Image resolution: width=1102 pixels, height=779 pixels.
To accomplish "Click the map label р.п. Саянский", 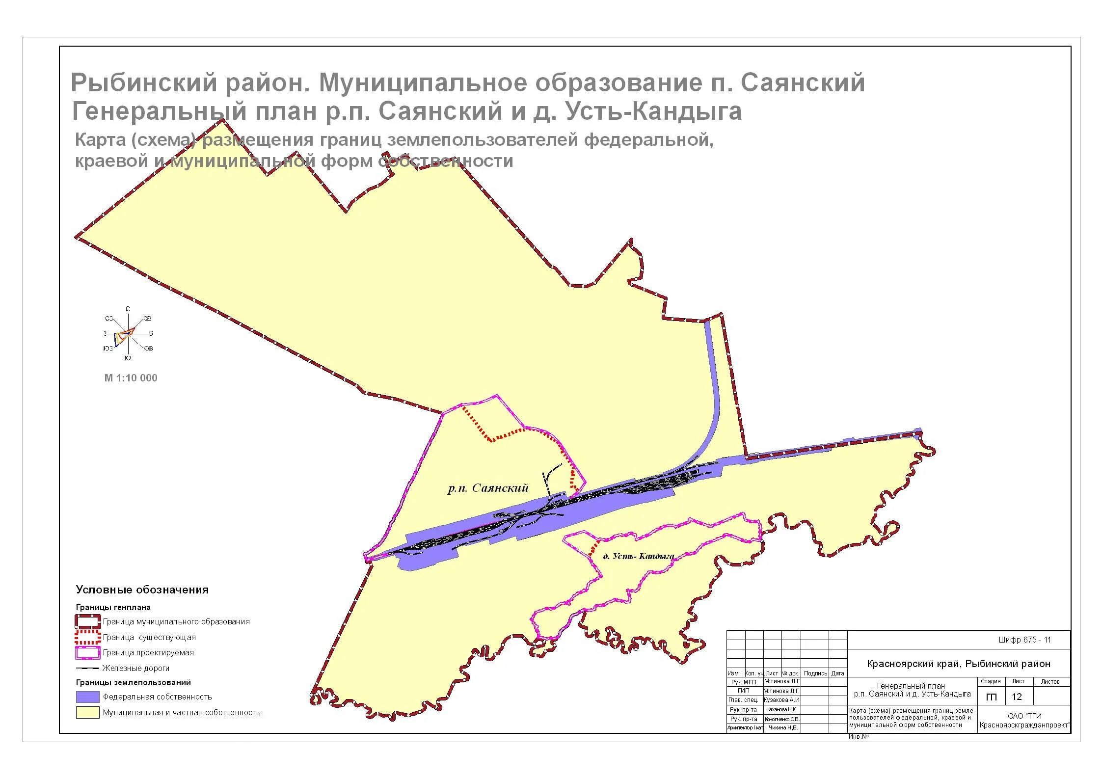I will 488,488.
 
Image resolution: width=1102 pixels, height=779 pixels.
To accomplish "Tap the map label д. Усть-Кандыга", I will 638,556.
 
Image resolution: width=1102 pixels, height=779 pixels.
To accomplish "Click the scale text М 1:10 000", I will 131,378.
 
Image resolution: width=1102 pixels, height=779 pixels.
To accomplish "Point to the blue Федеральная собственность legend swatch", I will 87,697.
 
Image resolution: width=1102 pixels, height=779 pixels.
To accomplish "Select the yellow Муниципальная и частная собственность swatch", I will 87,712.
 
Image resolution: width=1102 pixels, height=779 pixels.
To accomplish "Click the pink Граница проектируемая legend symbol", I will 87,653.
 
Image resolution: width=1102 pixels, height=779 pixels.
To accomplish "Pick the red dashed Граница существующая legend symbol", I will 87,638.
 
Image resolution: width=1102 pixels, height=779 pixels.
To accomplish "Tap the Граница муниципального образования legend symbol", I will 87,622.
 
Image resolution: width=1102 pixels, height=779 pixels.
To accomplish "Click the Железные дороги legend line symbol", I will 87,668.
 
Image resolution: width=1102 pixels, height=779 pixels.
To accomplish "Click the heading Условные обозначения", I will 142,590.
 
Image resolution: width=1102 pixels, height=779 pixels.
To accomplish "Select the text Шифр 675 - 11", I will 1024,640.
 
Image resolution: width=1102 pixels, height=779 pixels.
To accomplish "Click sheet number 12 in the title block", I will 1017,697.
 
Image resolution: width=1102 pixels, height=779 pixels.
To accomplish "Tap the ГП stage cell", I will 991,697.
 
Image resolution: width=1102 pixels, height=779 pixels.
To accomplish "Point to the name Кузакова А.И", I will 782,699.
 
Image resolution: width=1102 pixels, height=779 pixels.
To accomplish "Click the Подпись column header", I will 815,673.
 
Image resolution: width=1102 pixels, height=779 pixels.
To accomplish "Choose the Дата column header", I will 838,673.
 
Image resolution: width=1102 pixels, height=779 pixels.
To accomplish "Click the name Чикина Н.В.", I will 782,727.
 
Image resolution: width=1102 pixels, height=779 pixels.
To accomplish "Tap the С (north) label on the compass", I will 128,309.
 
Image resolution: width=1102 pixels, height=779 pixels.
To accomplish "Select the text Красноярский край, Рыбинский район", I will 959,664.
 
